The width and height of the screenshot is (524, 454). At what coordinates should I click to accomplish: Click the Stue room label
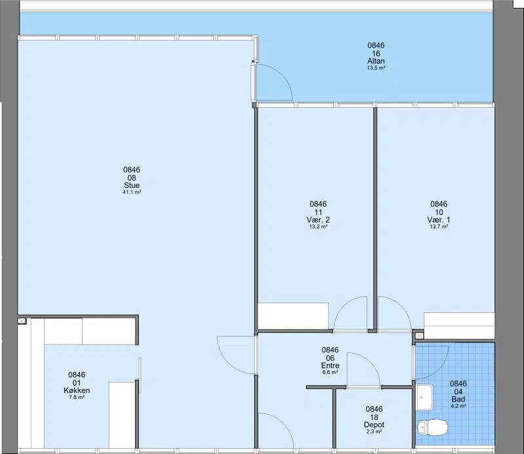coord(132,185)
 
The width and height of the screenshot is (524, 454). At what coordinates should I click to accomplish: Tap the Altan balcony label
coord(376,61)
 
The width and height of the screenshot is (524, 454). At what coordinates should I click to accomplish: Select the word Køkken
coord(77,390)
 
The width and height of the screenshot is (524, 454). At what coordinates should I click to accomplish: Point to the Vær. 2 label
coord(318,220)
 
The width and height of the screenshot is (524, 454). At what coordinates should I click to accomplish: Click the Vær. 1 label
coord(439,220)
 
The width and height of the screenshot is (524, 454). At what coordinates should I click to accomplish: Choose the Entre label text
coord(330,365)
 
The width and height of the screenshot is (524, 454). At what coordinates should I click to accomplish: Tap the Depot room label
coord(374,424)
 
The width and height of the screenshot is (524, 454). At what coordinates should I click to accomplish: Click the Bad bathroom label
coord(458,399)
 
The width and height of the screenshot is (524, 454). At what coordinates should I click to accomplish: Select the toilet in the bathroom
coord(432,427)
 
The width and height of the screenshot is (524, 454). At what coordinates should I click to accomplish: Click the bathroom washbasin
coord(424,398)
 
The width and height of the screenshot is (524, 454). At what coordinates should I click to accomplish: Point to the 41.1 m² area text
coord(132,192)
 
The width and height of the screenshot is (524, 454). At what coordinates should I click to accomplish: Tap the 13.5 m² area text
coord(376,68)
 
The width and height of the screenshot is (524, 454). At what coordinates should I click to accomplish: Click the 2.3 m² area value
coord(374,432)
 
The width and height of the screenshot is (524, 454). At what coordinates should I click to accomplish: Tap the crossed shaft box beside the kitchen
coord(22,321)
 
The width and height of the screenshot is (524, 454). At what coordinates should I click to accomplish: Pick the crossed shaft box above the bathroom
coord(419,335)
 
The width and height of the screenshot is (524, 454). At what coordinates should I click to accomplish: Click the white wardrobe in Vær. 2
coord(293,316)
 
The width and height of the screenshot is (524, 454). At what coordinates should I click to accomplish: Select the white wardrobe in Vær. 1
coord(459,325)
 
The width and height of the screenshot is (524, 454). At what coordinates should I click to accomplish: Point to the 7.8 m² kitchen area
coord(77,398)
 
